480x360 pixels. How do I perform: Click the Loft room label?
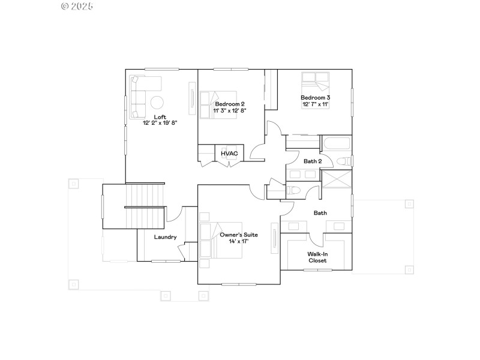pyautogui.click(x=160, y=117)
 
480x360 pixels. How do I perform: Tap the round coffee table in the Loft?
pyautogui.click(x=157, y=102)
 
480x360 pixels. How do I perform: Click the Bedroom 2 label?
pyautogui.click(x=230, y=104)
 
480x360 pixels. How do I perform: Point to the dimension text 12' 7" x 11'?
pyautogui.click(x=316, y=104)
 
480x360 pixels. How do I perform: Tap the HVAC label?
pyautogui.click(x=229, y=154)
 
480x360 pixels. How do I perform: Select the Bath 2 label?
pyautogui.click(x=313, y=161)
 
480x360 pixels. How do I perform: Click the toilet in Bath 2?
pyautogui.click(x=344, y=161)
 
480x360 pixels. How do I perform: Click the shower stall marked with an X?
pyautogui.click(x=336, y=179)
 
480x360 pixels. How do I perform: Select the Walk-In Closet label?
pyautogui.click(x=317, y=257)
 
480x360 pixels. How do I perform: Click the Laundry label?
pyautogui.click(x=165, y=237)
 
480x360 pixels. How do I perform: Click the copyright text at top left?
pyautogui.click(x=77, y=6)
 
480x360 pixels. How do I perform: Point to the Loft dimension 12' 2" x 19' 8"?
pyautogui.click(x=160, y=123)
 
